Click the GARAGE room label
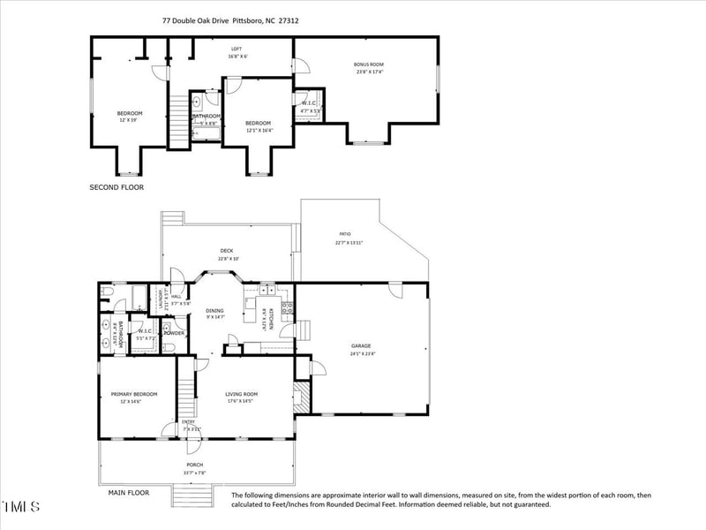[361, 346]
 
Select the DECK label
[227, 251]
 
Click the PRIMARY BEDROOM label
[133, 394]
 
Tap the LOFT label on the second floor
[237, 49]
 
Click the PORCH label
[194, 465]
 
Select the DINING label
[215, 310]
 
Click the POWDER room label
[174, 333]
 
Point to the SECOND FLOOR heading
[116, 187]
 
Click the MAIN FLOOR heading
[129, 492]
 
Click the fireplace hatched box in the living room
[301, 394]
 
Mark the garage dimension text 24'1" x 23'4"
[361, 354]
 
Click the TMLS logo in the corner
[21, 507]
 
